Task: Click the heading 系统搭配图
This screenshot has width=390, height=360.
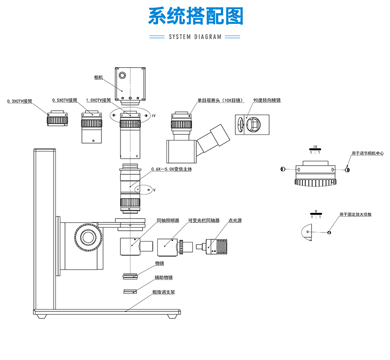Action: [x=195, y=16]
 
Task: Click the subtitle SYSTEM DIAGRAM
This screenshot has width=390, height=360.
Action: [x=195, y=37]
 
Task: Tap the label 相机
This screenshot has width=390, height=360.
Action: [x=98, y=78]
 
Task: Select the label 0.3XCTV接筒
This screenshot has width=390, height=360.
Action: [x=20, y=101]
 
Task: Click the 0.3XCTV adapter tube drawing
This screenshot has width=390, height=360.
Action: [x=58, y=119]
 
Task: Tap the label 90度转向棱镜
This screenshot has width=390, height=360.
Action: [x=267, y=101]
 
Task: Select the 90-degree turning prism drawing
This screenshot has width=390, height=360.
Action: [x=252, y=125]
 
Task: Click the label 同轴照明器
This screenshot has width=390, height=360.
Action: [x=168, y=221]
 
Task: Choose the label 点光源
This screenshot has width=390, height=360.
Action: [x=235, y=221]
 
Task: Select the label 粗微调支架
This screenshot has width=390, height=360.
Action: [x=163, y=292]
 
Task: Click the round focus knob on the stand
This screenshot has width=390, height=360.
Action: [x=89, y=236]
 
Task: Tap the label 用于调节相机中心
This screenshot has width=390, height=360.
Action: [x=367, y=153]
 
